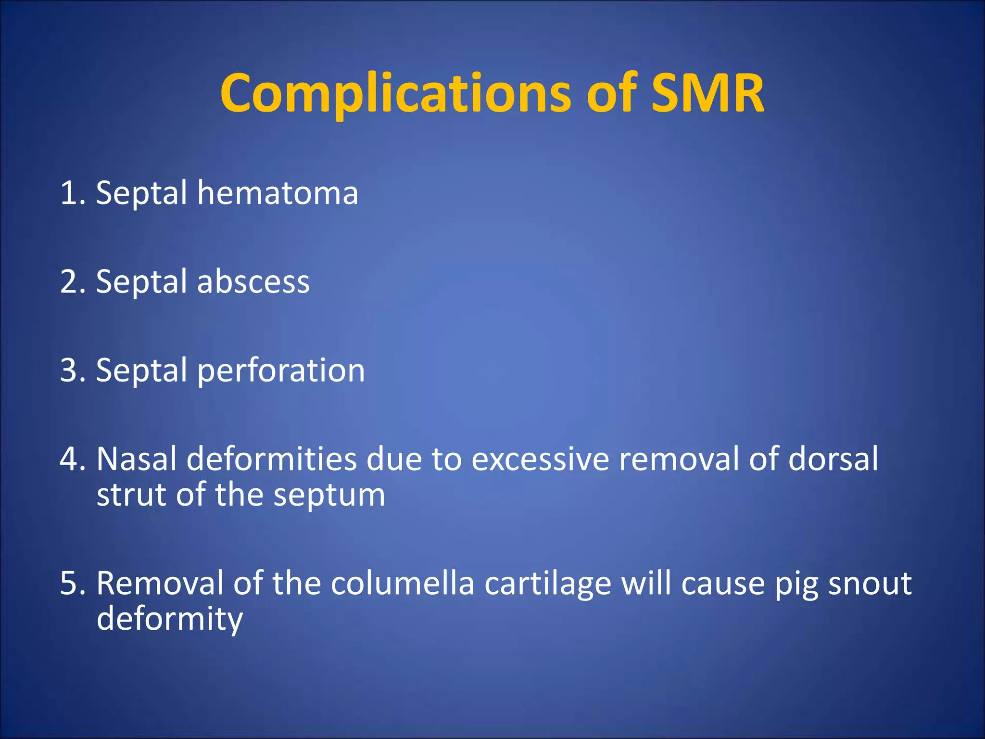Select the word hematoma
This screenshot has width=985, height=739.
[278, 193]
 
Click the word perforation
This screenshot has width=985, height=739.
[281, 371]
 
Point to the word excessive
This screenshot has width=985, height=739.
[540, 459]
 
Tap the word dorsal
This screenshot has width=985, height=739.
[833, 459]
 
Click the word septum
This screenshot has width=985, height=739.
[329, 496]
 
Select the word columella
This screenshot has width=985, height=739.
[403, 584]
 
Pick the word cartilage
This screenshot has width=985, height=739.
[548, 584]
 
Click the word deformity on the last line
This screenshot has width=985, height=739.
[169, 620]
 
